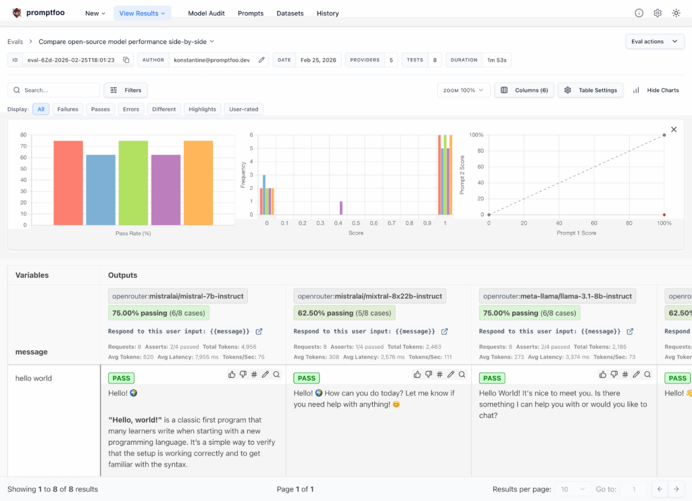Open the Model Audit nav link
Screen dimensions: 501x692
point(206,13)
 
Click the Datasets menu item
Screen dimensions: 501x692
point(290,13)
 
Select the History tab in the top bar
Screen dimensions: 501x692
point(328,13)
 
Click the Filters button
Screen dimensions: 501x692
point(126,90)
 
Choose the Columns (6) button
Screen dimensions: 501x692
point(524,90)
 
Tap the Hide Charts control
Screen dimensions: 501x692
point(656,90)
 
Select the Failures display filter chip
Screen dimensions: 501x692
point(68,109)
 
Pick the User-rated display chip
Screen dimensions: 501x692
point(244,109)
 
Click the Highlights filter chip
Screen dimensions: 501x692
point(203,109)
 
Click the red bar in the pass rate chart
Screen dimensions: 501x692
point(68,183)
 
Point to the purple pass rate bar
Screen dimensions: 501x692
point(166,189)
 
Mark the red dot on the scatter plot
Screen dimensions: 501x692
point(664,214)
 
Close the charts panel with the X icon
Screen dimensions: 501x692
point(674,129)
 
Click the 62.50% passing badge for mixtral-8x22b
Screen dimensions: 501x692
point(345,313)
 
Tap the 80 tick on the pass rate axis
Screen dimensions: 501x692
point(24,135)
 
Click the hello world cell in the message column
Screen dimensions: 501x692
point(34,378)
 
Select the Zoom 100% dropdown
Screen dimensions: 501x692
point(464,90)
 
